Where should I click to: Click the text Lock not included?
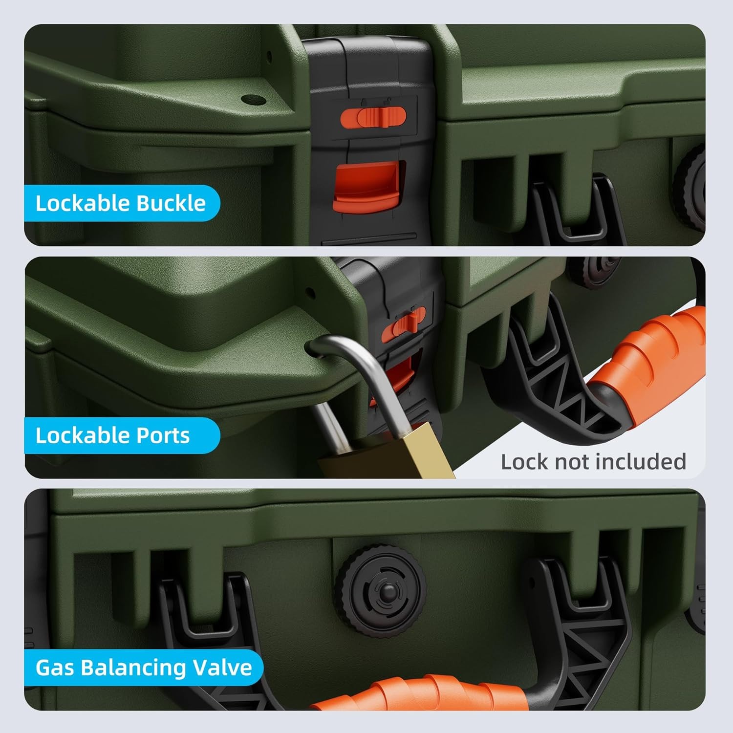[593, 462]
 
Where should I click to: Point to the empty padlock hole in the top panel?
[254, 101]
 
